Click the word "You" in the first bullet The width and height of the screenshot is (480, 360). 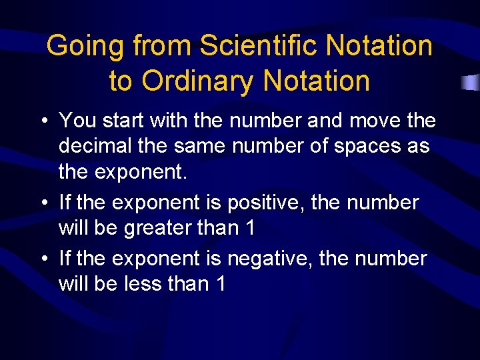pos(77,121)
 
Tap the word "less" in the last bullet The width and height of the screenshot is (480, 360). pos(143,284)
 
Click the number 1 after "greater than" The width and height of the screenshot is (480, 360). pos(250,227)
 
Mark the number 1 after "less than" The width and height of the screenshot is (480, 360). pos(221,284)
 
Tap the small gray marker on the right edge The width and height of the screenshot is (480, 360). pos(471,83)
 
